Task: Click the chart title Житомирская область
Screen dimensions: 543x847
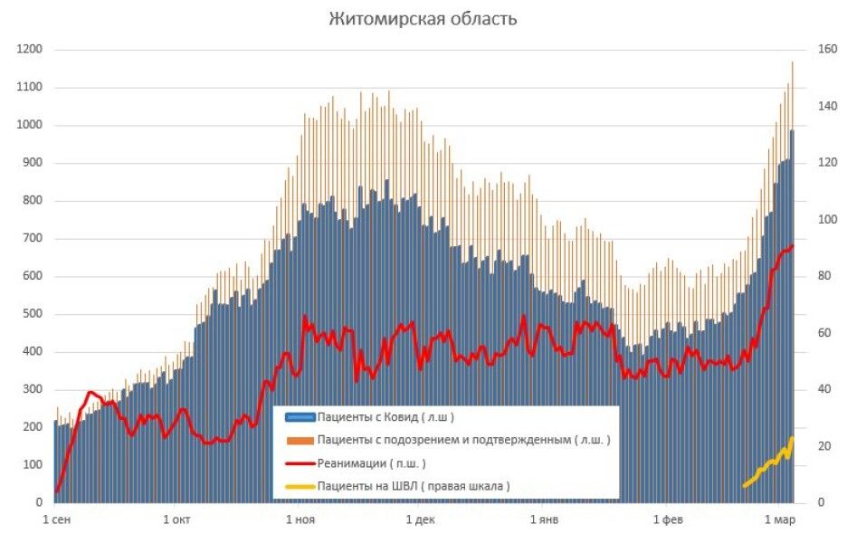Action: (423, 19)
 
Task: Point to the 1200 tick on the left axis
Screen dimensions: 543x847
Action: (29, 50)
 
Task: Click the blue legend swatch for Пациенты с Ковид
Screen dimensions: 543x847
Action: (300, 417)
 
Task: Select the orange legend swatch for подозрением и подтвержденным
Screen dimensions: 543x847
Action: (300, 441)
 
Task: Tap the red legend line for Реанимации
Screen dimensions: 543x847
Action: (300, 463)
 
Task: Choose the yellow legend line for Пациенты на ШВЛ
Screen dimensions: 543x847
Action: (300, 487)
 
